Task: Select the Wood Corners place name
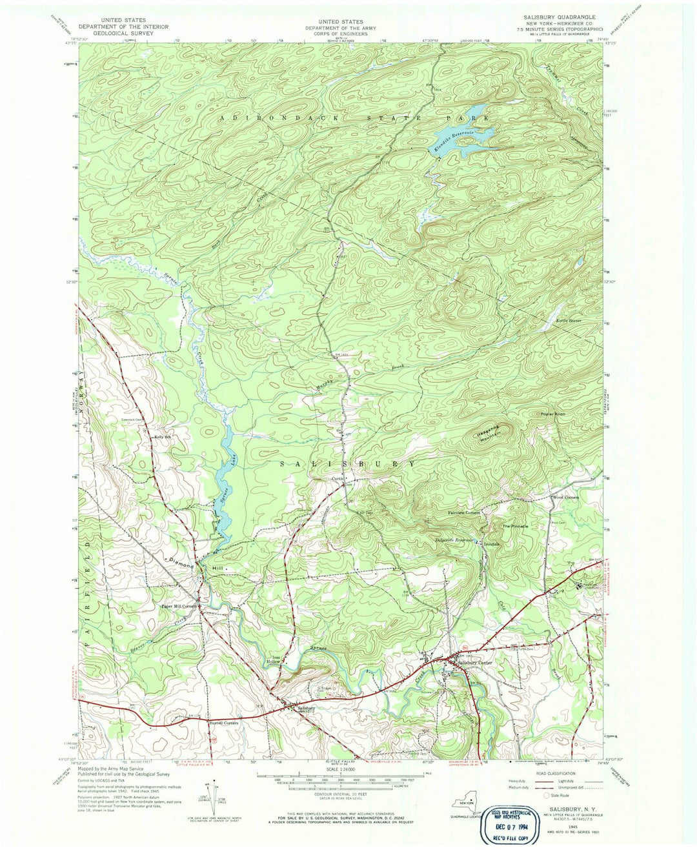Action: point(565,498)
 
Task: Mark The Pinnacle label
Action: point(516,527)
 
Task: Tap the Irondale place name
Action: point(493,543)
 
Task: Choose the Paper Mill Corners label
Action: point(179,607)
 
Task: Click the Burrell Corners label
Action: point(224,723)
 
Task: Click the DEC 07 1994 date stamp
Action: point(510,824)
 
